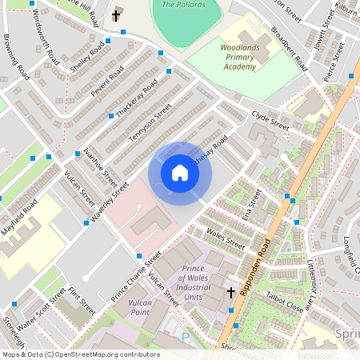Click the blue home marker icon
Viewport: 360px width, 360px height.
180,173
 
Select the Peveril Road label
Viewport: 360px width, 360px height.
107,82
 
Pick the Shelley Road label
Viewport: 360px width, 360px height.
88,58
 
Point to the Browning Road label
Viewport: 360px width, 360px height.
16,58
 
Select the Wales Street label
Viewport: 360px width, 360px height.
226,238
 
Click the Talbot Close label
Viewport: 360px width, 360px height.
284,299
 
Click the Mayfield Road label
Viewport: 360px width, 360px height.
18,214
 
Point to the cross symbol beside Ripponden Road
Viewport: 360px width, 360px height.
231,293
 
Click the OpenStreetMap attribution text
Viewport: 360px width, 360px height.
81,354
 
